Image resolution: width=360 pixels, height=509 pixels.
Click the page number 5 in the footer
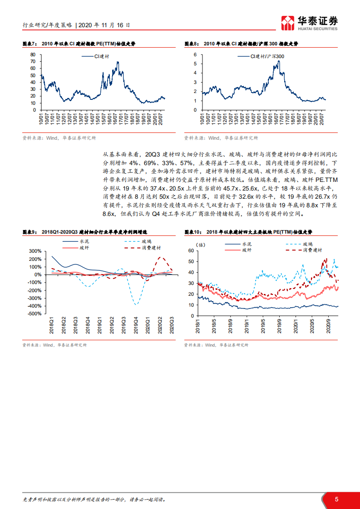[336, 499]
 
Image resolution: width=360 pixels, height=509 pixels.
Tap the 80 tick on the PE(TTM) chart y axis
[33, 54]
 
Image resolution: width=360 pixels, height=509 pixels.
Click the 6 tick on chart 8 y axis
[195, 54]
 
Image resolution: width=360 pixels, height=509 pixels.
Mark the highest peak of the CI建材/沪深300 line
[278, 61]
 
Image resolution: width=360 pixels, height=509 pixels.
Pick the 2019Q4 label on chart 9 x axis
[136, 326]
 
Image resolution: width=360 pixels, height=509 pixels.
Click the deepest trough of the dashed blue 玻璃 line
[136, 304]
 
